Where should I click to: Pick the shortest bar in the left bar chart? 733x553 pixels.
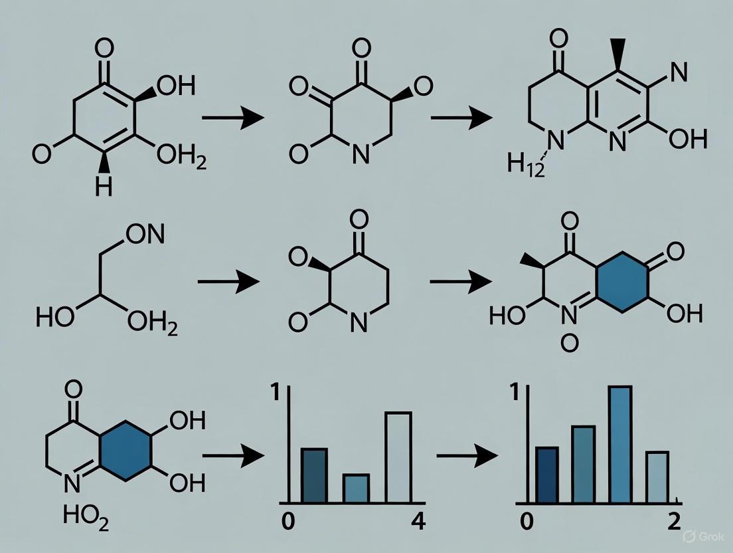click(x=356, y=488)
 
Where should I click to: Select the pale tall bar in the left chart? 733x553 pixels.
click(x=398, y=457)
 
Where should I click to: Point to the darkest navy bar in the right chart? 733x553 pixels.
click(x=547, y=475)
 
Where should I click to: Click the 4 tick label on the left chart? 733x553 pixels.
click(x=418, y=521)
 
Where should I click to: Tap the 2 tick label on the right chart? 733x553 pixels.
click(x=674, y=521)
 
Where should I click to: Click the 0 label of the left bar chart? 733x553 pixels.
click(x=287, y=521)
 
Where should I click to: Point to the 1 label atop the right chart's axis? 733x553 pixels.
click(x=513, y=393)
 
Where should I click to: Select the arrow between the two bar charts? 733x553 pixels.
click(x=467, y=456)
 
